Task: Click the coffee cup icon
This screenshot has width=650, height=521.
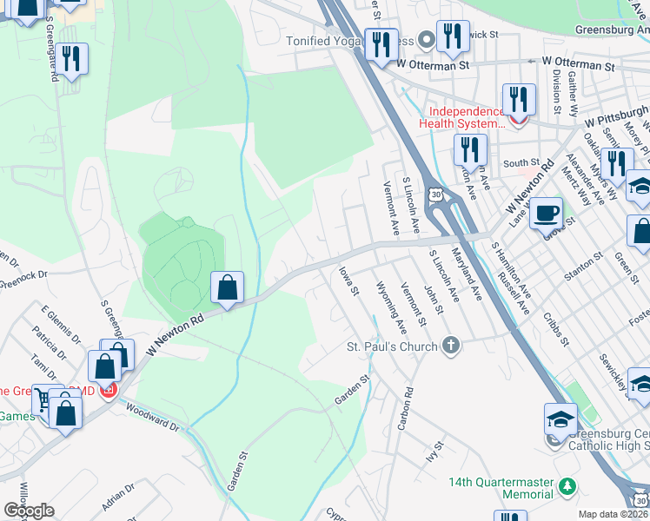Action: click(x=546, y=213)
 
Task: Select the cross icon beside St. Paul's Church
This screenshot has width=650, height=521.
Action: click(x=450, y=346)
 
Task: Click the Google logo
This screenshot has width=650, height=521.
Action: click(x=29, y=511)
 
